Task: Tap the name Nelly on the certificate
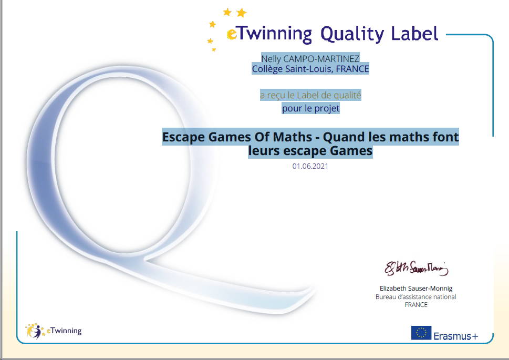pos(271,59)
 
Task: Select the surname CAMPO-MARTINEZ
pos(321,59)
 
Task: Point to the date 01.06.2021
pos(310,166)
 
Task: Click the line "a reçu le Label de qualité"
pos(310,95)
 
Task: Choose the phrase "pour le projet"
pos(310,108)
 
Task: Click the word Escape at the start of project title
pos(183,137)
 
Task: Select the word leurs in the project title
pos(264,151)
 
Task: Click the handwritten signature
pos(417,269)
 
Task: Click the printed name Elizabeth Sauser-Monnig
pos(416,288)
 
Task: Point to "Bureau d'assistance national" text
pos(416,296)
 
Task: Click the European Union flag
pos(421,333)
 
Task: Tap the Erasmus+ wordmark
pos(456,336)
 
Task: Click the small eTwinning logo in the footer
pos(53,331)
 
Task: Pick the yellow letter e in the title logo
pos(232,34)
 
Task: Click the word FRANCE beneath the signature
pos(416,305)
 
